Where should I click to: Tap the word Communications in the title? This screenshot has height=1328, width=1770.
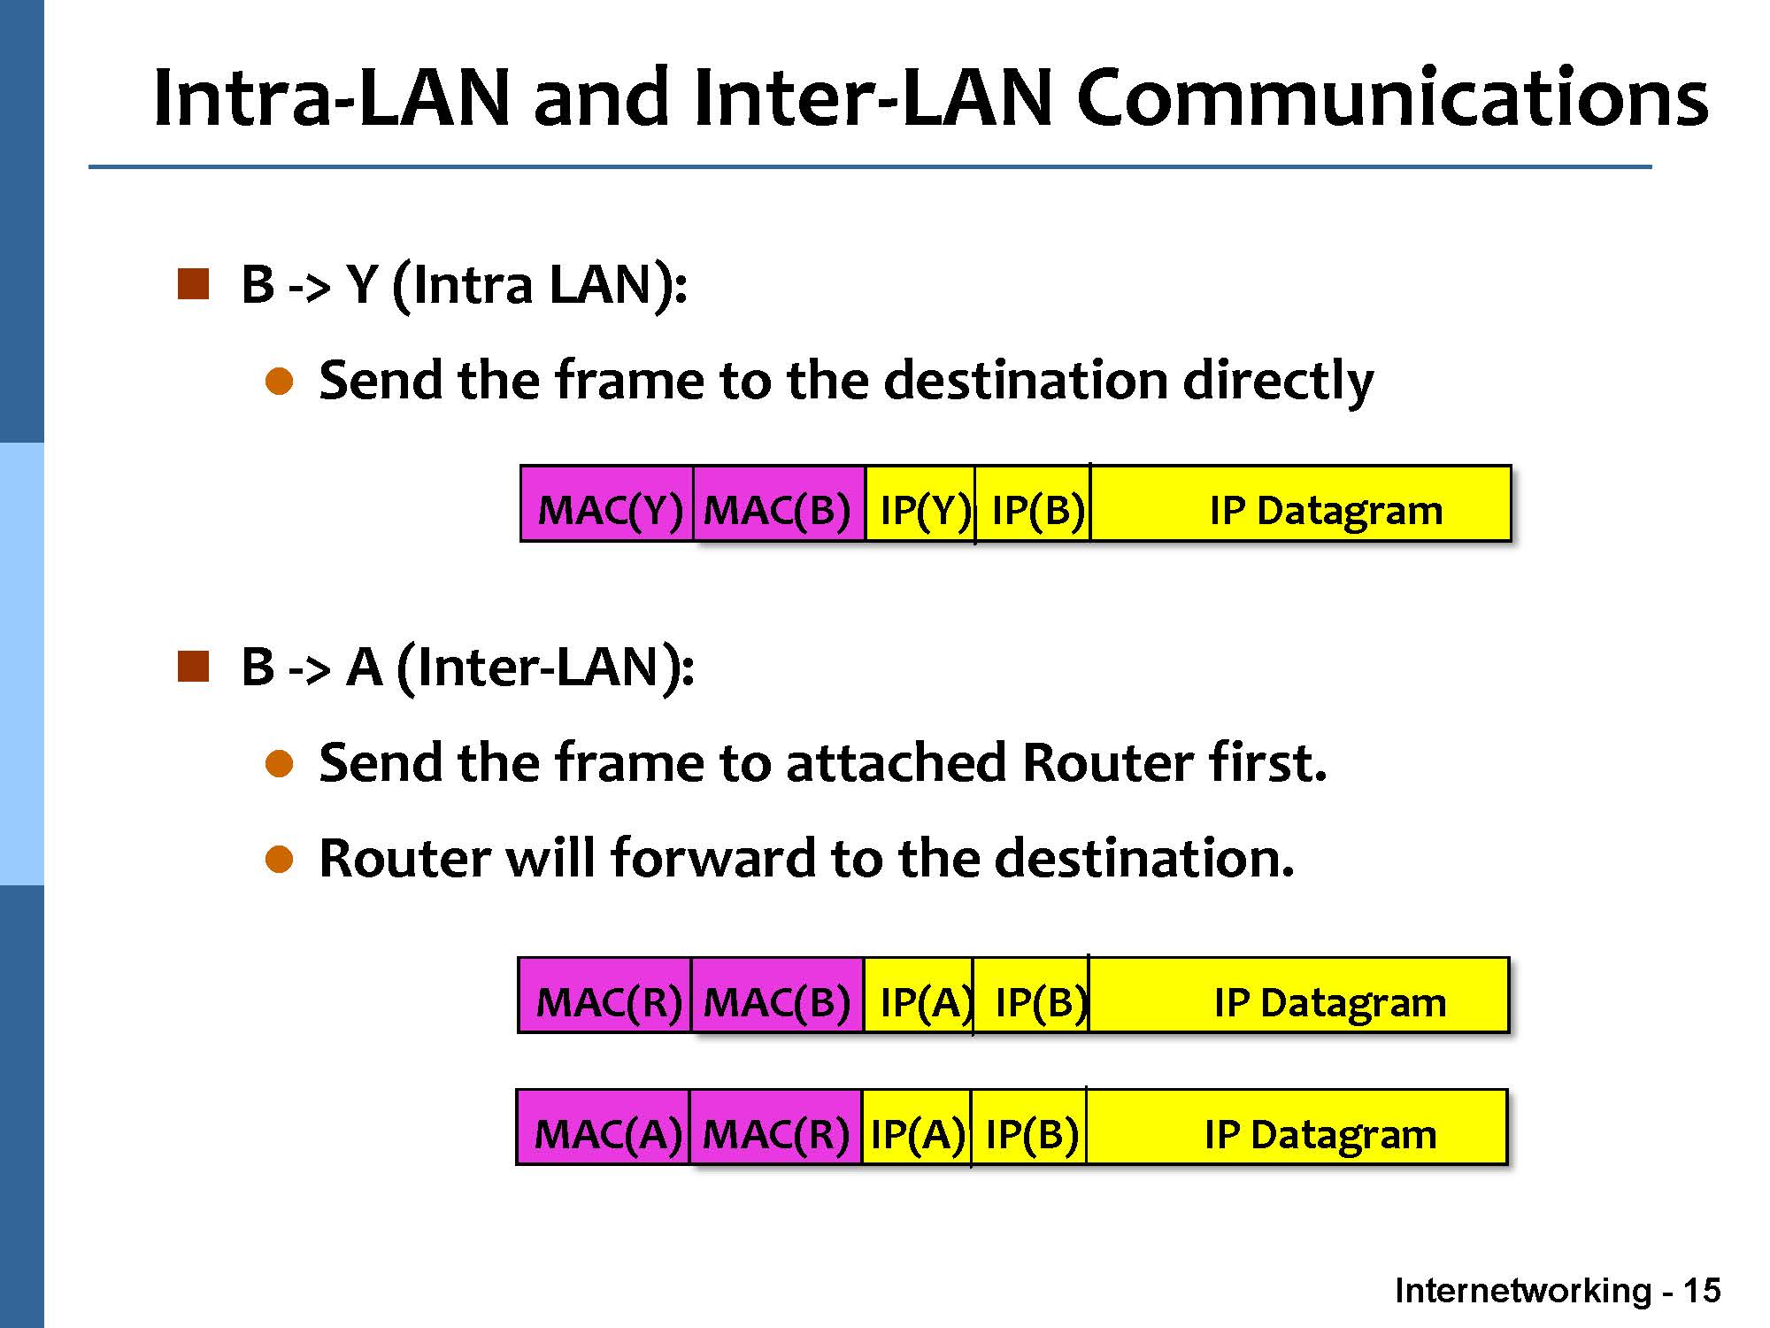tap(1392, 97)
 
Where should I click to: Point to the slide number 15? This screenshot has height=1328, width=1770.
tap(1701, 1291)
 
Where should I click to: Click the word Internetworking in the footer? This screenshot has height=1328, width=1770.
tap(1522, 1291)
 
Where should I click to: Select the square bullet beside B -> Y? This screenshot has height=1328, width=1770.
tap(193, 285)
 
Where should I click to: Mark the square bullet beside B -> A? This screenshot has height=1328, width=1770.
tap(193, 667)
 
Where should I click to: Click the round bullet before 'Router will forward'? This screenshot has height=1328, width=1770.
tap(280, 859)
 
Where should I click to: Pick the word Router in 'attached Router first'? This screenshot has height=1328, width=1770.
tap(1102, 763)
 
